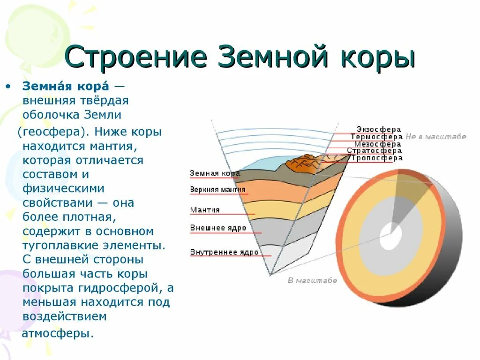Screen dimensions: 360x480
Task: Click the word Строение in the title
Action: pos(136,58)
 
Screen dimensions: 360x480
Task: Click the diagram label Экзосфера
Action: pos(379,129)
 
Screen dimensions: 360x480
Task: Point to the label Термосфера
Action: pos(376,136)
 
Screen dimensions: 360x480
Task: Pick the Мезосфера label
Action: pos(377,144)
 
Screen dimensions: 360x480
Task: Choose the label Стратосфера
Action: pos(374,151)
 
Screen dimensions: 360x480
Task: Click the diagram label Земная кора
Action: pos(215,173)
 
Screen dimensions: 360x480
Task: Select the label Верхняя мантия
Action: pos(218,190)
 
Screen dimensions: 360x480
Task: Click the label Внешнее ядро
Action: pos(218,228)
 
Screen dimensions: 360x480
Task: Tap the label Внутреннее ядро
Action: pos(224,252)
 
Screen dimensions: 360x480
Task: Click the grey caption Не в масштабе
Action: pos(436,137)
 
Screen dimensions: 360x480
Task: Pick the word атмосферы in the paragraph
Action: pos(58,334)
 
